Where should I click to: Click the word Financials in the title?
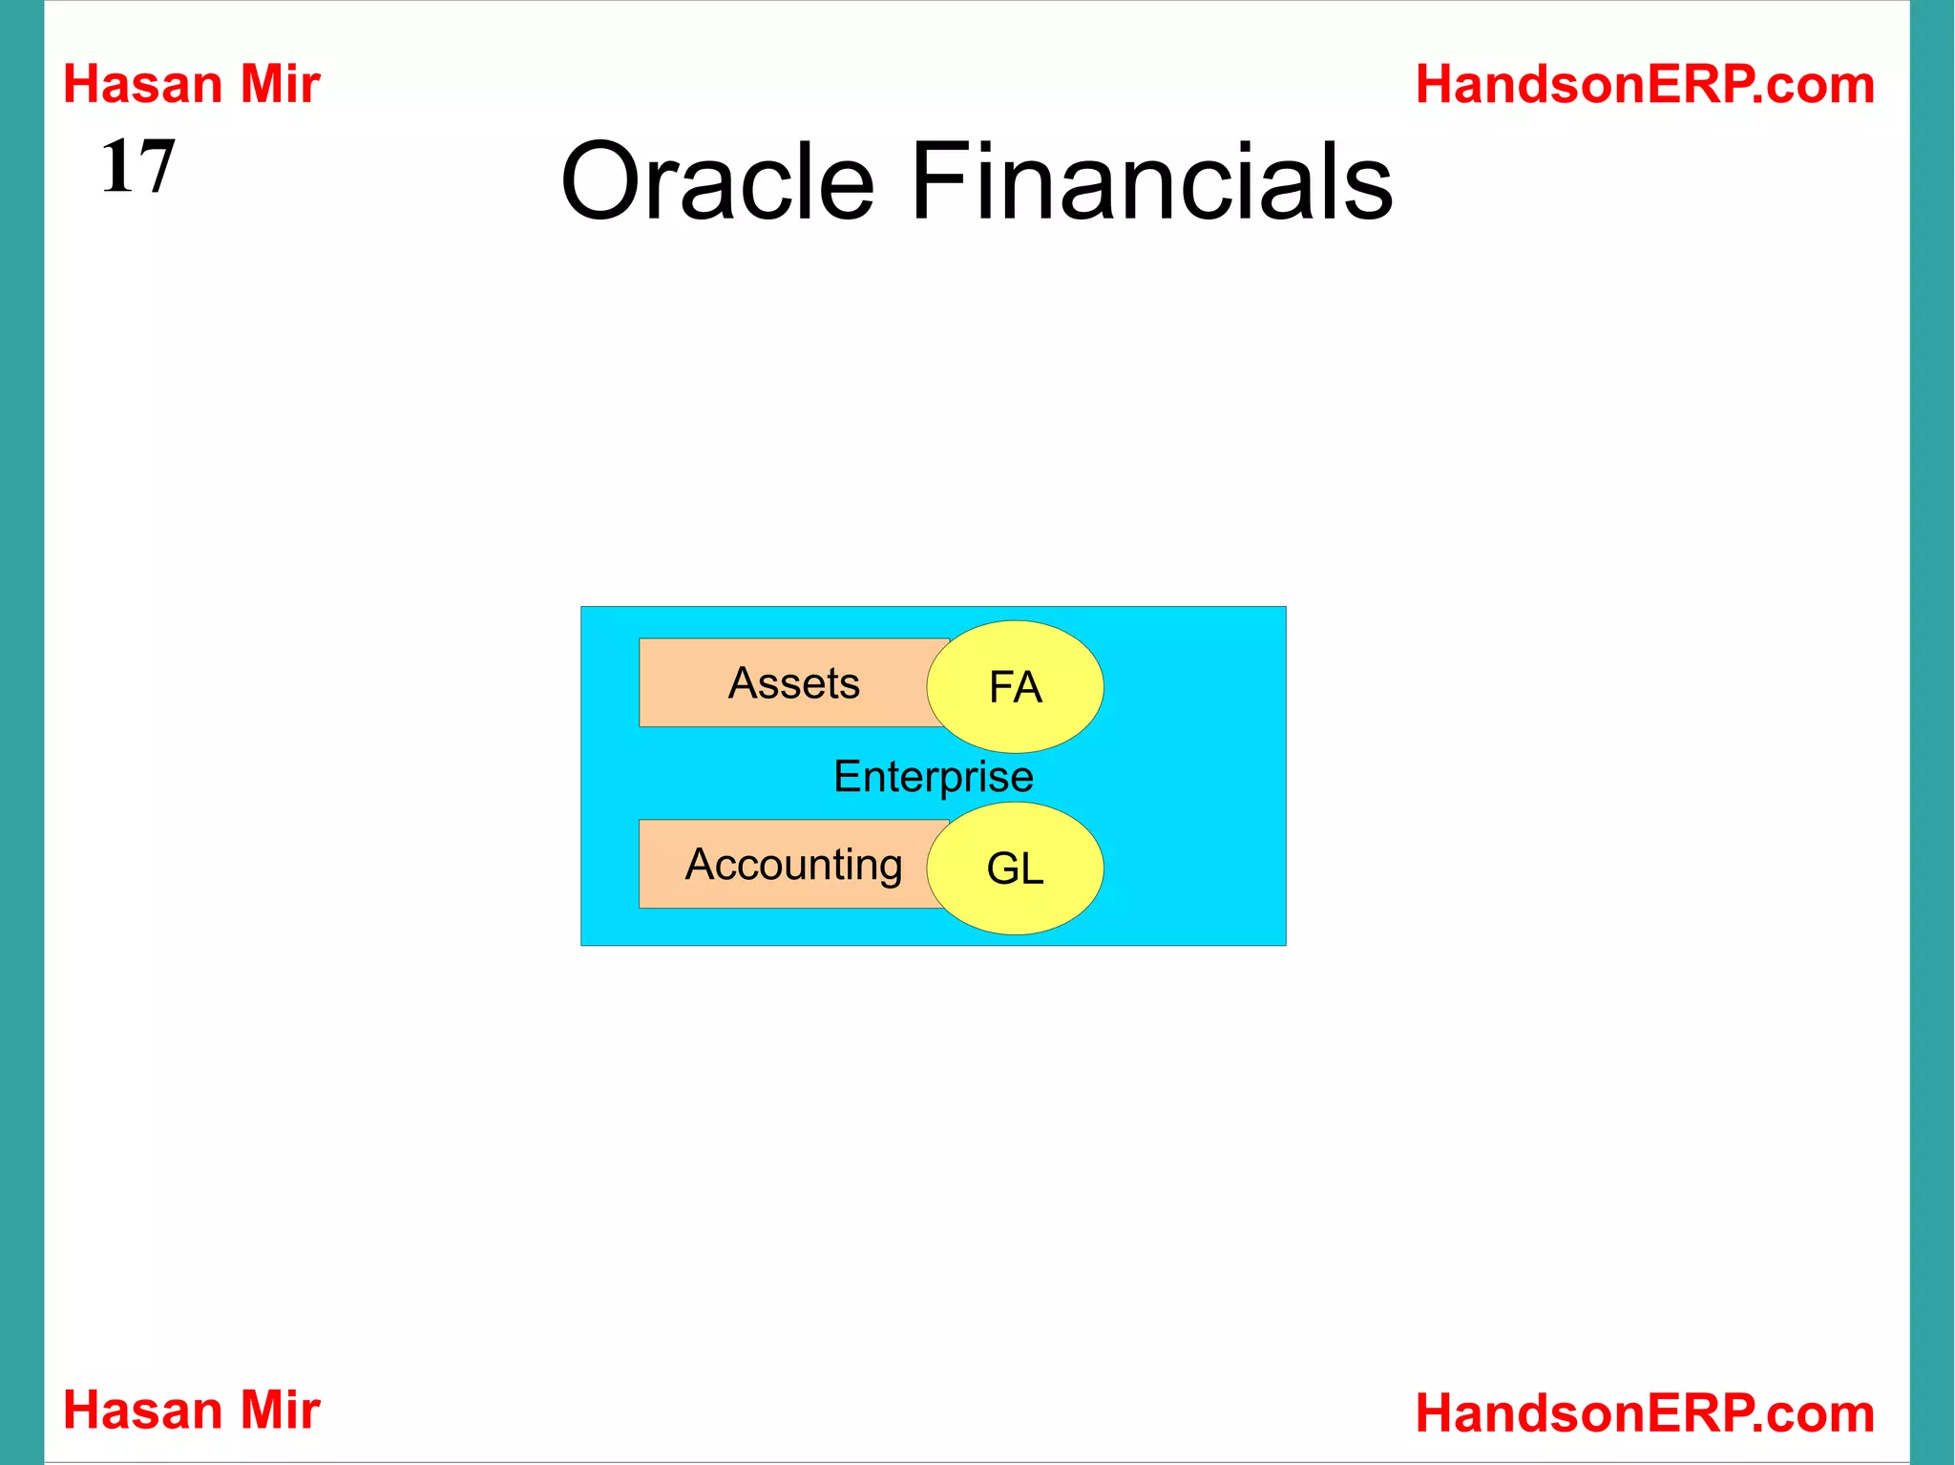[x=1151, y=181]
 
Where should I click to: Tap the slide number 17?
[x=138, y=166]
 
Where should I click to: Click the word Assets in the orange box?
[x=794, y=683]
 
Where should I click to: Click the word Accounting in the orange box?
[x=794, y=865]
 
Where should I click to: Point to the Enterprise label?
[x=933, y=776]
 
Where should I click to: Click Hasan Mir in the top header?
[x=191, y=84]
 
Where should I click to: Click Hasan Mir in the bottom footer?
[x=191, y=1410]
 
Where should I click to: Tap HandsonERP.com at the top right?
[x=1645, y=84]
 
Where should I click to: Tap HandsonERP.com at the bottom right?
[x=1645, y=1413]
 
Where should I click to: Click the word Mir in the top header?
[x=280, y=84]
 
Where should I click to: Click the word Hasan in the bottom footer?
[x=142, y=1410]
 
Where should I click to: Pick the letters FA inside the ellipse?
[x=1015, y=687]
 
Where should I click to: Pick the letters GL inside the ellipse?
[x=1015, y=869]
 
